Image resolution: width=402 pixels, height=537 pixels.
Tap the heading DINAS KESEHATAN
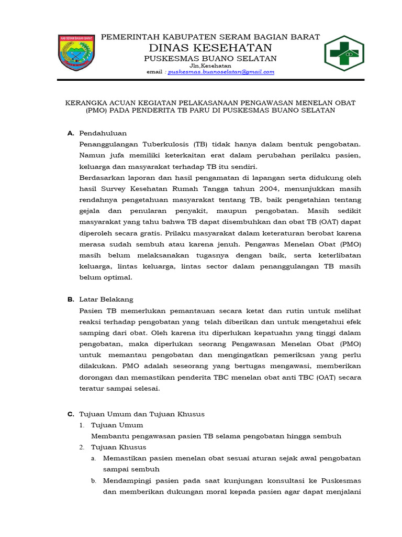pos(210,48)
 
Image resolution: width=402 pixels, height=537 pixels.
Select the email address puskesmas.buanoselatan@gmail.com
pos(221,72)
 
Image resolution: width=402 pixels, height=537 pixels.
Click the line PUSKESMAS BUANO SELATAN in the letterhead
pos(210,58)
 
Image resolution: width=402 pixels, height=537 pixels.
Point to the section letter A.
pos(71,133)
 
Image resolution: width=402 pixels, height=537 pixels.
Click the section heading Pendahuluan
pos(103,133)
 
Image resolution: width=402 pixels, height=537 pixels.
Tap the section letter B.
pos(71,299)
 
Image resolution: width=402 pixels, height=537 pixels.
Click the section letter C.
pos(71,414)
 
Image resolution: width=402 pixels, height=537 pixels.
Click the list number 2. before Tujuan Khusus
pos(82,447)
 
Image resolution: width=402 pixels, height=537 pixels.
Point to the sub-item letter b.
pos(94,480)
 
